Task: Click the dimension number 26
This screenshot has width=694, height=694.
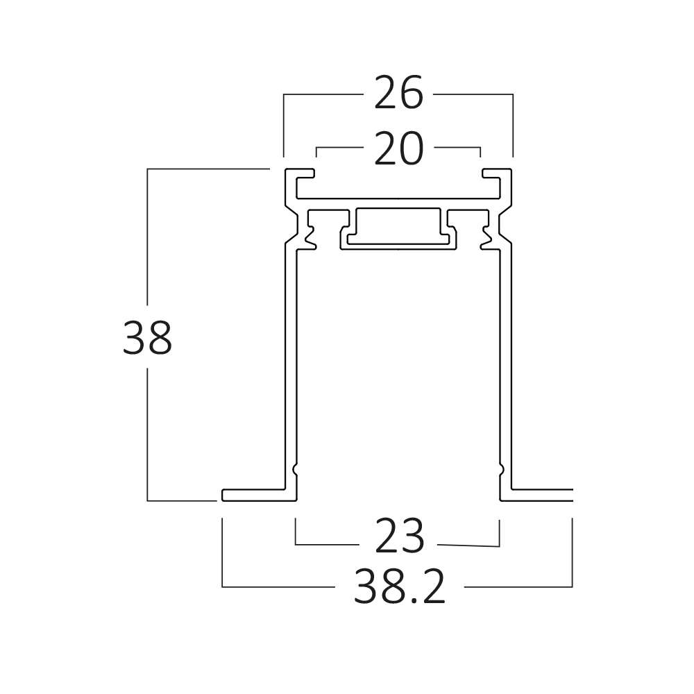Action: pos(398,94)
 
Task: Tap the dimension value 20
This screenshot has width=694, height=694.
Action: pos(398,149)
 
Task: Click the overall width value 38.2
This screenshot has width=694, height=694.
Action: pos(399,587)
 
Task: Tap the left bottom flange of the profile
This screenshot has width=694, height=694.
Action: pos(259,496)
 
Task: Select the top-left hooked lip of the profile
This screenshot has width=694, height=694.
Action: pos(299,173)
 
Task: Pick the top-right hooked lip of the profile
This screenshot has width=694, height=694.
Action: pos(497,173)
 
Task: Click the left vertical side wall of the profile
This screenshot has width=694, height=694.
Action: pos(290,367)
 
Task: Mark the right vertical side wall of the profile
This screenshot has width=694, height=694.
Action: pos(506,367)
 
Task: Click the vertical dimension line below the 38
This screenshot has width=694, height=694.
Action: pos(147,434)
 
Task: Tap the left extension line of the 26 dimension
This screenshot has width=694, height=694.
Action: pos(284,126)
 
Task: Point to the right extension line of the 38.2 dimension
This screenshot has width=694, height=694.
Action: pos(573,553)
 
